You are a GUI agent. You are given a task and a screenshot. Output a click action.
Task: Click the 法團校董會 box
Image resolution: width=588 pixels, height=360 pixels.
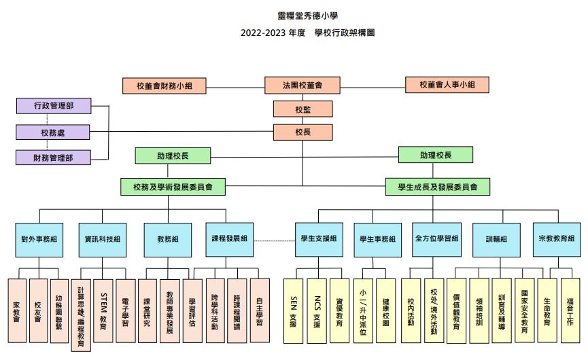pos(302,86)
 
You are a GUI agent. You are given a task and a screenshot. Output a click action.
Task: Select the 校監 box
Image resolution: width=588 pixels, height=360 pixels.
pos(302,109)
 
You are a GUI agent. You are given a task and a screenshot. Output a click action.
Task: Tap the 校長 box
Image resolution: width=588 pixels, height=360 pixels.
pos(302,132)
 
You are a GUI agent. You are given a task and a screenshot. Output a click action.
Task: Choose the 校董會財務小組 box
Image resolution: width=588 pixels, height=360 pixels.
pos(165,86)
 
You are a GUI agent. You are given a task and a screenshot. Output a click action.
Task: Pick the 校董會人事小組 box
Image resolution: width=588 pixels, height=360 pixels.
pos(447,85)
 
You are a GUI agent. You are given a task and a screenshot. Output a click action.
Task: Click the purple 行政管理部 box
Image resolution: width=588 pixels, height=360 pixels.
pos(54,106)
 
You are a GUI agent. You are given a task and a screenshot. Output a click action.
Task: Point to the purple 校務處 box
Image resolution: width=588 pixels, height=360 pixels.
pos(53,132)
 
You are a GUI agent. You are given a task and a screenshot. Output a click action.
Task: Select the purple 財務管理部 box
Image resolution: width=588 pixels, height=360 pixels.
pos(53,158)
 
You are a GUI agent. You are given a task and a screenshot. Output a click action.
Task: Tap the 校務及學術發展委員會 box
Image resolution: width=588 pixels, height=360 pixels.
pos(173,187)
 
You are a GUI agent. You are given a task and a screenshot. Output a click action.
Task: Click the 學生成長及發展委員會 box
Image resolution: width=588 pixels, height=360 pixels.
pos(438,187)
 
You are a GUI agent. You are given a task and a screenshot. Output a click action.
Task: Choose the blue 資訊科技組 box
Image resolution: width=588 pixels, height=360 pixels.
pos(103,240)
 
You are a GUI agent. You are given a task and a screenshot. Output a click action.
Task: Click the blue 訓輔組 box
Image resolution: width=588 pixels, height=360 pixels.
pos(496,240)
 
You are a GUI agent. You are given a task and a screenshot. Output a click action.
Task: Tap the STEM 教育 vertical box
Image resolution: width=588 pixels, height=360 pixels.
pos(103,310)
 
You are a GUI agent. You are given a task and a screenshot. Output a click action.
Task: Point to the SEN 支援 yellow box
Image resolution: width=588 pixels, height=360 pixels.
pos(293,311)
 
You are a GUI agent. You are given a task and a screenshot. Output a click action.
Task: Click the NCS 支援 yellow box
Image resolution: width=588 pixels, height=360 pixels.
pos(317,311)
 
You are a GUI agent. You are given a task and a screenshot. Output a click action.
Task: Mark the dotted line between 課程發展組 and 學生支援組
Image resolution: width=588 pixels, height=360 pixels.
pos(275,241)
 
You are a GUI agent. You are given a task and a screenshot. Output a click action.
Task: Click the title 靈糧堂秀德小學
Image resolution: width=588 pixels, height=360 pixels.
pos(308,16)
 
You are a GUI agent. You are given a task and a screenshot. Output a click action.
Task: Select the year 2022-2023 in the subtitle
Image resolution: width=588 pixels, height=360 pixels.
pos(263,33)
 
